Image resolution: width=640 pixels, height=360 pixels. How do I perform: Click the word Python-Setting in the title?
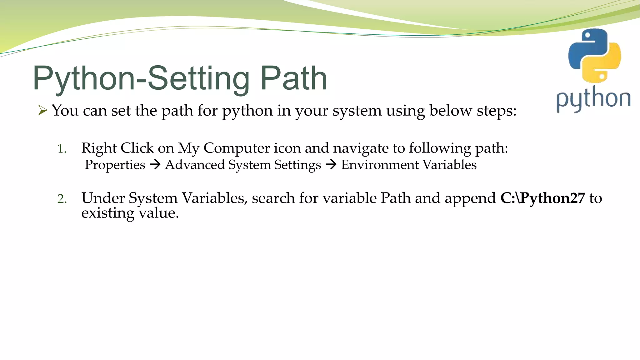click(x=141, y=79)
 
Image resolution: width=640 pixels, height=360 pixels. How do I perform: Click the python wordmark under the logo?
click(x=593, y=99)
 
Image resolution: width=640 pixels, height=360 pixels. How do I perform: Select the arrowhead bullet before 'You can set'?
click(x=42, y=110)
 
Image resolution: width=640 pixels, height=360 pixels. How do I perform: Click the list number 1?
click(x=62, y=149)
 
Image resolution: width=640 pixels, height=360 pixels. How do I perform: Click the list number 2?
click(x=62, y=199)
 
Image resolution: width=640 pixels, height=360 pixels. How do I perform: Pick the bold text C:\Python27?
click(x=542, y=198)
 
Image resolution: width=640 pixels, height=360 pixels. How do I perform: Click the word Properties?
click(x=115, y=165)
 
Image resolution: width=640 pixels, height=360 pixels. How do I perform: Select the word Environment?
click(x=380, y=165)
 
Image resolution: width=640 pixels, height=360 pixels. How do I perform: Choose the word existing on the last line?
click(x=107, y=213)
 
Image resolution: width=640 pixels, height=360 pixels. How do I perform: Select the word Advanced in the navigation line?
click(x=195, y=165)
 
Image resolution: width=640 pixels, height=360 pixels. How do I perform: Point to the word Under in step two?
click(x=103, y=198)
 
